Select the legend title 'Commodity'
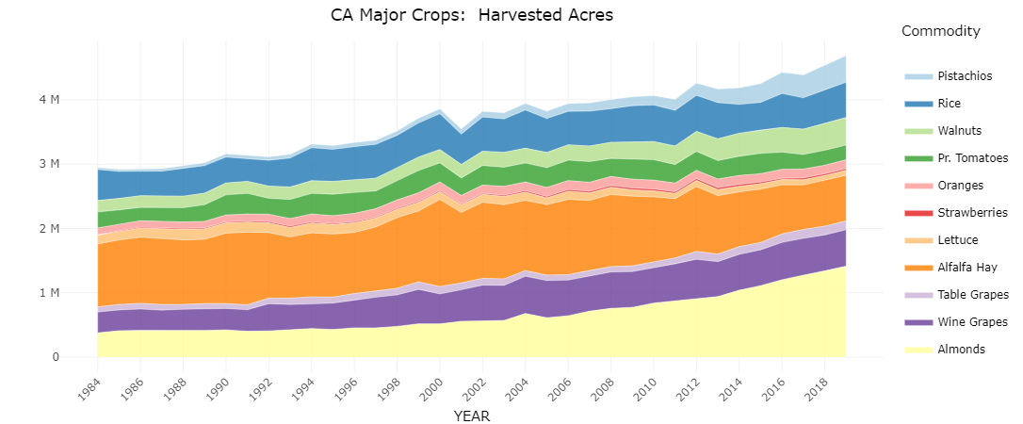click(x=940, y=32)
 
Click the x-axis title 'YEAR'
click(x=472, y=416)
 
